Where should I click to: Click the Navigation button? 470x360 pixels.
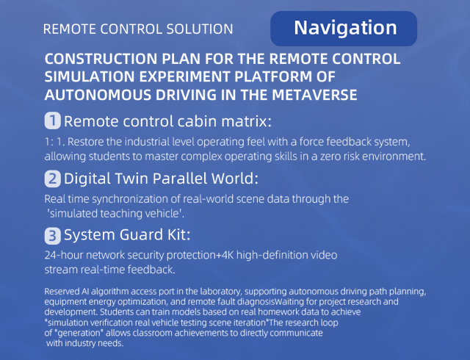344,29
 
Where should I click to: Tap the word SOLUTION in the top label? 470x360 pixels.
200,29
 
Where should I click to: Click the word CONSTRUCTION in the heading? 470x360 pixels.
101,59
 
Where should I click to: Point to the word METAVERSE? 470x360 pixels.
314,95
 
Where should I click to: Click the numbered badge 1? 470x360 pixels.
52,120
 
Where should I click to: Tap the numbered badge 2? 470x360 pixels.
52,179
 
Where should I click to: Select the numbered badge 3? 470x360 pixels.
52,236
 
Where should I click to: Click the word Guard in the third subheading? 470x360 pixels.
142,234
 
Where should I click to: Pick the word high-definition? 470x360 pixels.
272,255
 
